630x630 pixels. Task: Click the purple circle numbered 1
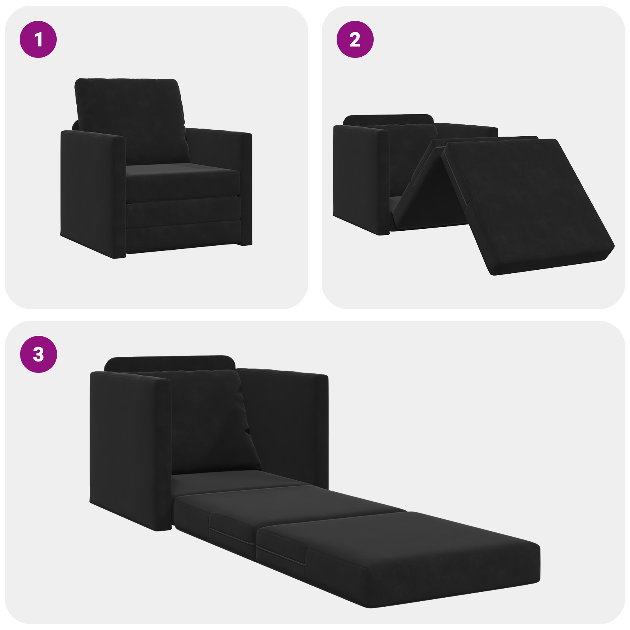(x=38, y=39)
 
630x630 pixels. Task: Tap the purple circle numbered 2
(x=355, y=39)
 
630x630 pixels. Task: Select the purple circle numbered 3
(x=39, y=354)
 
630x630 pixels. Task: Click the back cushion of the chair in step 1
(x=130, y=118)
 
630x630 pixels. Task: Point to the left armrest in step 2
(x=358, y=177)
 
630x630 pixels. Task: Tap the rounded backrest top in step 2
(x=388, y=119)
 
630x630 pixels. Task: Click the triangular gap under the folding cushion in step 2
(x=437, y=193)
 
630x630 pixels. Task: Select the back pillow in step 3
(x=209, y=421)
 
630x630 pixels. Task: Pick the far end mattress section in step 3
(x=398, y=551)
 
